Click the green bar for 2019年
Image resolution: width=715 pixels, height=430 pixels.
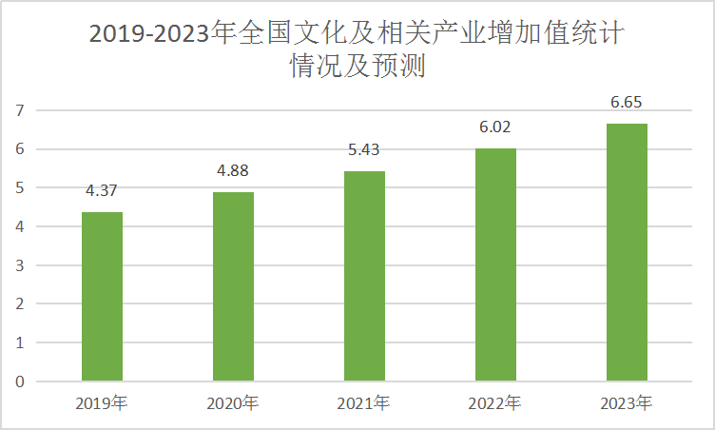tap(102, 296)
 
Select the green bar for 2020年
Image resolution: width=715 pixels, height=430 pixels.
tap(233, 286)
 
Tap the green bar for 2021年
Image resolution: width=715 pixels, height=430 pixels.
tap(364, 276)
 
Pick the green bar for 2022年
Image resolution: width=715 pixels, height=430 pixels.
tap(495, 264)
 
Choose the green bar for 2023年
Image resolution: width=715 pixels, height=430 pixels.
tap(627, 252)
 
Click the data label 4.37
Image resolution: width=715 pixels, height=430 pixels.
tap(102, 190)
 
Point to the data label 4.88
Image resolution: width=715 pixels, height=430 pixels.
tap(233, 170)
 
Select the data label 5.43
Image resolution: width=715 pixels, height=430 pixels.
tap(364, 149)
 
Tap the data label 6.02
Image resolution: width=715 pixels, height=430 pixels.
tap(495, 127)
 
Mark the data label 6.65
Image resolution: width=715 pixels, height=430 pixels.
tap(627, 102)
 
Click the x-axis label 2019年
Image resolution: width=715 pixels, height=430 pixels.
tap(102, 403)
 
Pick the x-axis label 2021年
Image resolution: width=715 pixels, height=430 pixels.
tap(364, 403)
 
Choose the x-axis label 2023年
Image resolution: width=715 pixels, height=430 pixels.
tap(627, 403)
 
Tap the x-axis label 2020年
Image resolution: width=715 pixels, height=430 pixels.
tap(233, 403)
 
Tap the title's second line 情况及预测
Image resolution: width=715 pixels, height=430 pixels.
tap(357, 68)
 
